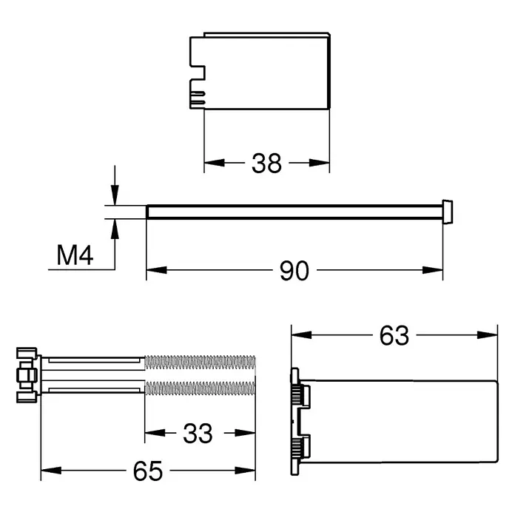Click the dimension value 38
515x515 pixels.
[x=266, y=164]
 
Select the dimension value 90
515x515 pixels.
[x=294, y=271]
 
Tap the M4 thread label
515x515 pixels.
[x=75, y=255]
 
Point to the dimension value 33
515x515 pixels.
[x=198, y=434]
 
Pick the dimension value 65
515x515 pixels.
[x=148, y=471]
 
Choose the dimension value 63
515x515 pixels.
[x=394, y=336]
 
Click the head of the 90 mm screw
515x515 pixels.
[x=448, y=212]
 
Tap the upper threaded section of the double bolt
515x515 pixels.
[x=200, y=363]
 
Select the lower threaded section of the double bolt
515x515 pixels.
[x=200, y=388]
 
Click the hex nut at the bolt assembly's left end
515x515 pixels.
[x=27, y=375]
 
